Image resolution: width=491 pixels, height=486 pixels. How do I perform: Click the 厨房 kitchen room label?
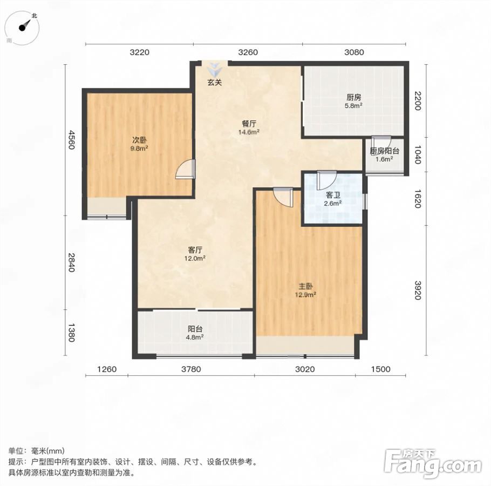point(354,97)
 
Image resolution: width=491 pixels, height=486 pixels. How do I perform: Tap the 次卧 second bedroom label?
point(139,140)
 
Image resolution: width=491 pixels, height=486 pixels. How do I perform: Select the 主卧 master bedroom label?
point(305,286)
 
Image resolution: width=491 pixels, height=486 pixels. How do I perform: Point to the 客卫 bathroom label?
point(333,195)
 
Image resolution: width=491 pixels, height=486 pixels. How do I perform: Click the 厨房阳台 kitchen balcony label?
point(384,151)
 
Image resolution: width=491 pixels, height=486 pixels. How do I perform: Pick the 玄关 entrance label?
point(215,83)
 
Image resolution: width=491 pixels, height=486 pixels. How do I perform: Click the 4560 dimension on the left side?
point(72,140)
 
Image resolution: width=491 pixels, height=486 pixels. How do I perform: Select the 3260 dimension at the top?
point(248,52)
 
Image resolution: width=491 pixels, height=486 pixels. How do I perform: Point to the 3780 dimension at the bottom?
point(191,369)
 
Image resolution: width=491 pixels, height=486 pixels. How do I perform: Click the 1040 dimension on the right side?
point(418,154)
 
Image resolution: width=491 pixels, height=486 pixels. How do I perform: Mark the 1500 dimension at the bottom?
point(381,369)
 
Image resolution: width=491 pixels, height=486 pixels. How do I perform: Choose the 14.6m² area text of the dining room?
point(249,132)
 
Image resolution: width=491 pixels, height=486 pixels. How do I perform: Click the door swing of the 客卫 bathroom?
point(326,180)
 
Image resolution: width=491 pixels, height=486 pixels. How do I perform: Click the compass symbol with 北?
point(23,28)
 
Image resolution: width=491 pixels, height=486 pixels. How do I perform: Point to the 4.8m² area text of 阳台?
point(195,337)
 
